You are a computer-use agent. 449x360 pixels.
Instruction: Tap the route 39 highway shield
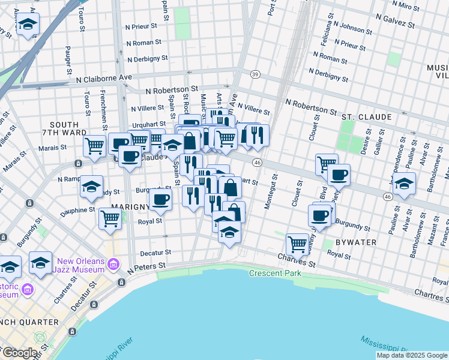tap(255, 74)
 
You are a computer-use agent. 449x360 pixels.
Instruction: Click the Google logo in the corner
tap(19, 353)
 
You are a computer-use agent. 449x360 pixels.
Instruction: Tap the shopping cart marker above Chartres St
tap(297, 244)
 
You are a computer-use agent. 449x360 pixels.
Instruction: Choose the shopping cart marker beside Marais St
tap(94, 146)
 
